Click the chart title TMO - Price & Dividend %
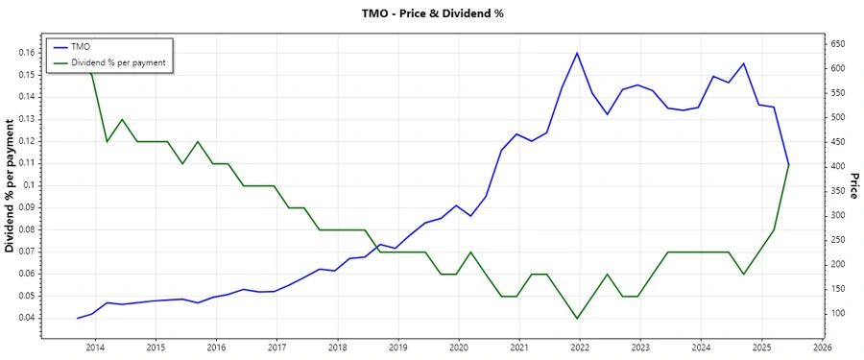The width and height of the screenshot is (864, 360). click(x=431, y=13)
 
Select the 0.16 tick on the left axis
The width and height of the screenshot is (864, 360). click(x=27, y=53)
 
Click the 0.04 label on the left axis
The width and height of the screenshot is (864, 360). click(x=27, y=318)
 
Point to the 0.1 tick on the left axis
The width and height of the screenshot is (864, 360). click(x=30, y=185)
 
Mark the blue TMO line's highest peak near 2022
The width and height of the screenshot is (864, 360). click(x=577, y=53)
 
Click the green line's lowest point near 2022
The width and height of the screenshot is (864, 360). click(x=577, y=318)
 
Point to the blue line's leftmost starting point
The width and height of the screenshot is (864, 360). click(x=77, y=318)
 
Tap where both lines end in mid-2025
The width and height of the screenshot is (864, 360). click(x=789, y=164)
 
